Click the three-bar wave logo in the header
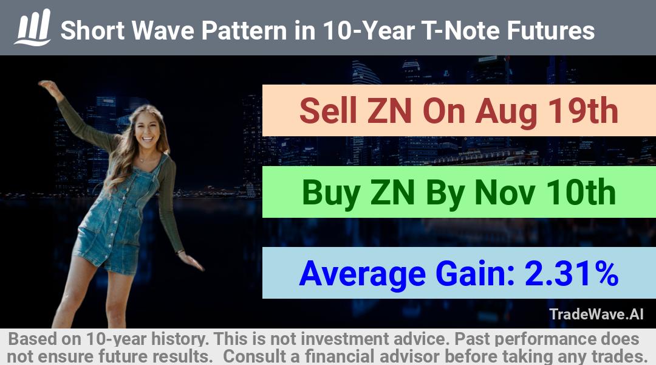tap(33, 27)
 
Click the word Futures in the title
tap(550, 30)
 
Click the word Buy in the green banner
tap(331, 193)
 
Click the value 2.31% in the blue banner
tap(572, 273)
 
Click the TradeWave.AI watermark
tap(596, 314)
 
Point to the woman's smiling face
tap(147, 130)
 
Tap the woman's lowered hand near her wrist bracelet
tap(191, 260)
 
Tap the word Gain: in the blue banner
tap(475, 273)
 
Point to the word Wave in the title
tap(162, 30)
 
